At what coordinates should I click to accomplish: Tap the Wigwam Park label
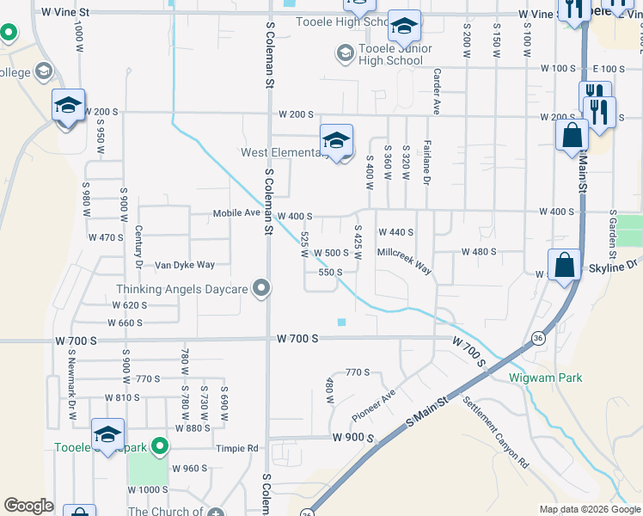(x=557, y=378)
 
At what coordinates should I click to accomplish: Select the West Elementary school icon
(x=337, y=138)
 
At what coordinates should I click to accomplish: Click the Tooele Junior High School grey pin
(x=345, y=54)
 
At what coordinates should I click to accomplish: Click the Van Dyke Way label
(x=184, y=265)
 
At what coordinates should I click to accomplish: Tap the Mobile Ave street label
(x=236, y=213)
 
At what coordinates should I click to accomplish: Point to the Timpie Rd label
(x=240, y=448)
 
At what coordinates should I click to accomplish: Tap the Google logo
(x=28, y=506)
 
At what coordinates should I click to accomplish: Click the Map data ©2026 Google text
(x=589, y=509)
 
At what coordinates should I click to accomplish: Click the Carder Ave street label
(x=437, y=92)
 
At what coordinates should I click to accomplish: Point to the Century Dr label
(x=138, y=247)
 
